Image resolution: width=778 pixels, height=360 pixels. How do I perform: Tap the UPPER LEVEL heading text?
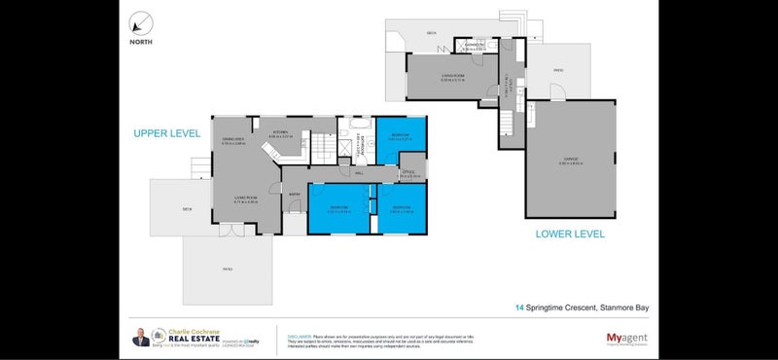(x=167, y=133)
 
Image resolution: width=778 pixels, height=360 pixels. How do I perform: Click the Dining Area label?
(x=231, y=140)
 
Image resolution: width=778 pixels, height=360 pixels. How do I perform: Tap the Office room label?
(x=408, y=173)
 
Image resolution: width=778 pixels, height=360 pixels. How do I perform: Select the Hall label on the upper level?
(x=359, y=173)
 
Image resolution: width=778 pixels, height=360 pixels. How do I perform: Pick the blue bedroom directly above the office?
(x=399, y=139)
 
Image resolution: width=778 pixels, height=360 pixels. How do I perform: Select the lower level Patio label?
(x=557, y=70)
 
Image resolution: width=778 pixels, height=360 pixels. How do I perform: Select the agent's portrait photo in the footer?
(x=143, y=337)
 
